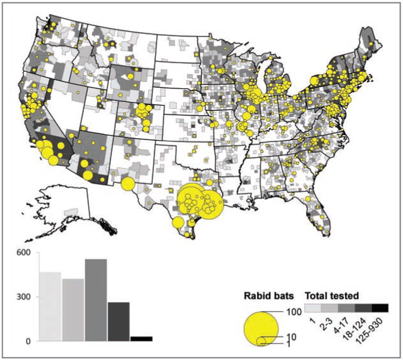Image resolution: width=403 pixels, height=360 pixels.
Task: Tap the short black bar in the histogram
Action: coord(141,339)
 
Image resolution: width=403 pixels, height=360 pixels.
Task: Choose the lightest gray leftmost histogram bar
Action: coord(50,307)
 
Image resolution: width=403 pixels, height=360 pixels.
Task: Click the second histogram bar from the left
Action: coord(73,309)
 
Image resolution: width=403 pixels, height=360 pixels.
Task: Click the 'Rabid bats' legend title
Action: coord(266,295)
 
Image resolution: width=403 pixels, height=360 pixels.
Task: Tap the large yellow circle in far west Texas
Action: coord(127,184)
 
